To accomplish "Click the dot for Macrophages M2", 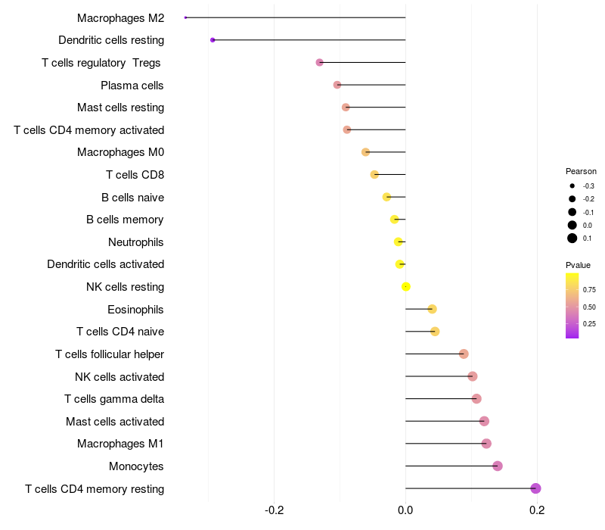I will pyautogui.click(x=185, y=17).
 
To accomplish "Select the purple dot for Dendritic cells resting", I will pyautogui.click(x=213, y=40).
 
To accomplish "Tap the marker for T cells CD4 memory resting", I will pyautogui.click(x=535, y=488).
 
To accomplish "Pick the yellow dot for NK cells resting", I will pyautogui.click(x=406, y=287).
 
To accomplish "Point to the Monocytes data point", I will pyautogui.click(x=498, y=466).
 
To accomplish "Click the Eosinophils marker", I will pyautogui.click(x=432, y=309).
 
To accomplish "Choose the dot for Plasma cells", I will pyautogui.click(x=337, y=85).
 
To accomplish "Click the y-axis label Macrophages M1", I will pyautogui.click(x=120, y=444).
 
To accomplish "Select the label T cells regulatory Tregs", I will pyautogui.click(x=102, y=63).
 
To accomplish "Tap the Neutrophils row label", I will pyautogui.click(x=136, y=242).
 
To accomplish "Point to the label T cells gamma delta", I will pyautogui.click(x=114, y=399).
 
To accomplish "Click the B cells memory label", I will pyautogui.click(x=125, y=220).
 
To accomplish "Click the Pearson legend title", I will pyautogui.click(x=581, y=171).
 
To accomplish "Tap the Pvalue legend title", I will pyautogui.click(x=578, y=265).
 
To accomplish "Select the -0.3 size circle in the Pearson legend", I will pyautogui.click(x=572, y=185).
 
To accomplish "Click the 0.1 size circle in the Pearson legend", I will pyautogui.click(x=572, y=238).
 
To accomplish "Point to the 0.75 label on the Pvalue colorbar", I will pyautogui.click(x=589, y=289).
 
